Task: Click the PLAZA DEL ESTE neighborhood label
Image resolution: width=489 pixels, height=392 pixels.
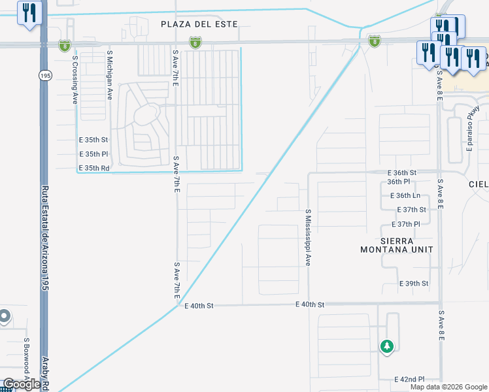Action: [199, 24]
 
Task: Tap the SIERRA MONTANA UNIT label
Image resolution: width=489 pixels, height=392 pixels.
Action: [397, 244]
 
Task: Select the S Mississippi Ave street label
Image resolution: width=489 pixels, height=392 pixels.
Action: [307, 237]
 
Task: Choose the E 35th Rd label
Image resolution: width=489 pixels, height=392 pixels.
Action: [93, 168]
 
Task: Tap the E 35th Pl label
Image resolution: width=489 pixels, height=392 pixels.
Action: [93, 154]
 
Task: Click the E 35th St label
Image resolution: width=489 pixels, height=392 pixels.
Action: [93, 140]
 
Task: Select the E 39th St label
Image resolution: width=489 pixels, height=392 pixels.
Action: [414, 284]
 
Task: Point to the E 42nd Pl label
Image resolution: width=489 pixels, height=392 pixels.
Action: [409, 379]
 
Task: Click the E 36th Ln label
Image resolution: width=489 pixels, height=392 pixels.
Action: [404, 195]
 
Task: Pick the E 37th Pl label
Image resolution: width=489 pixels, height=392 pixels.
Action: [414, 223]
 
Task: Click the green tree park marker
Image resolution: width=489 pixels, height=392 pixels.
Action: [387, 345]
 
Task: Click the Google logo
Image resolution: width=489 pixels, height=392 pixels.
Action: [21, 384]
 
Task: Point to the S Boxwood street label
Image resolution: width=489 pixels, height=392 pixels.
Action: [27, 358]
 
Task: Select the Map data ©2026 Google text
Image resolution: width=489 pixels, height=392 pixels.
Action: [448, 387]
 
